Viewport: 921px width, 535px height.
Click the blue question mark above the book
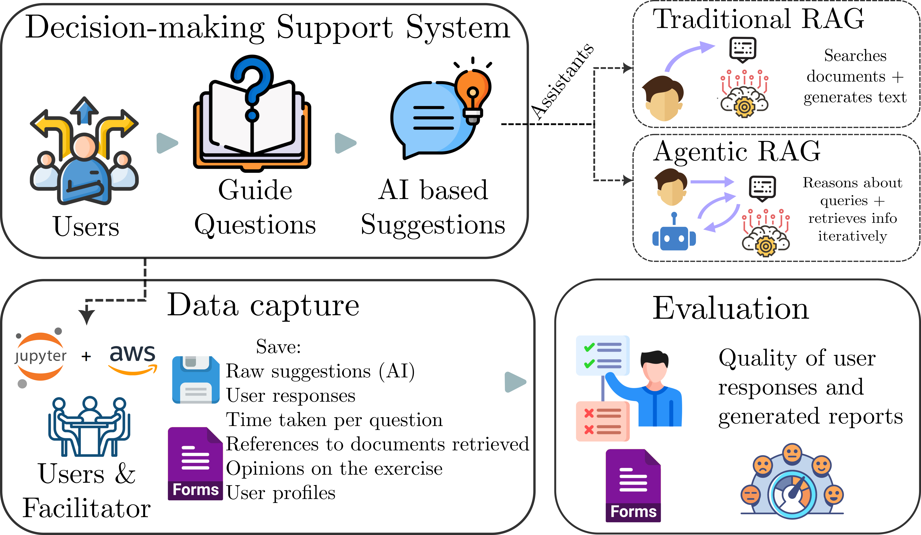point(252,86)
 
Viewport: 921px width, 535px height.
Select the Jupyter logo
point(40,356)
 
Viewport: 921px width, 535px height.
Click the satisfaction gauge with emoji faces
point(792,482)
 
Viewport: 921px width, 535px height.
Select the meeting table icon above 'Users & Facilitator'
point(89,426)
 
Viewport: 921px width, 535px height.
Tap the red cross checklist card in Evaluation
point(602,421)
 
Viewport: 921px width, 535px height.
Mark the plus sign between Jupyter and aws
point(86,356)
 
